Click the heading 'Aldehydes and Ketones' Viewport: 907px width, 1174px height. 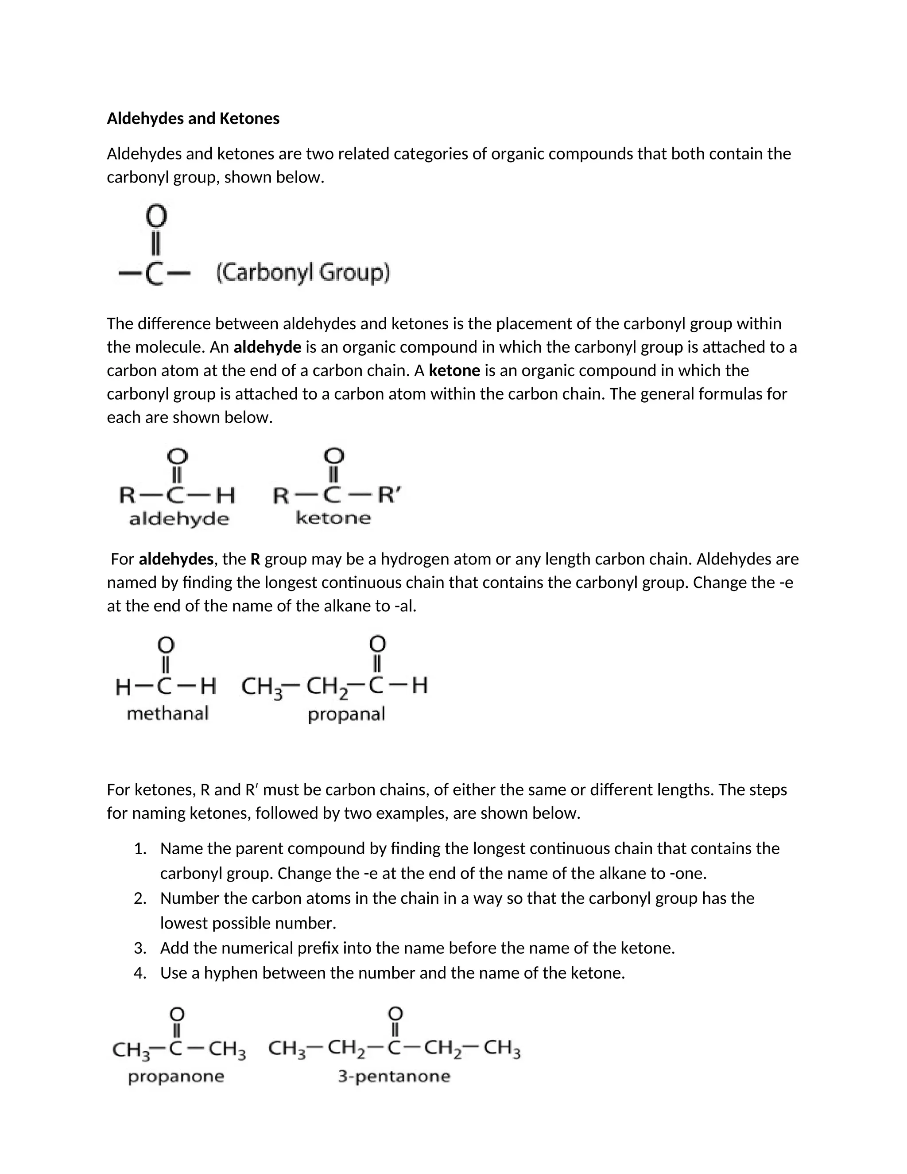click(193, 119)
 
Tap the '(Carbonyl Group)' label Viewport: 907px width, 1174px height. click(302, 272)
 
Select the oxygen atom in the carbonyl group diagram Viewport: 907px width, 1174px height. click(156, 217)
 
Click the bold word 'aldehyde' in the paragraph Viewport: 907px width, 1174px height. click(267, 348)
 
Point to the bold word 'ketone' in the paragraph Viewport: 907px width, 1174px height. click(454, 371)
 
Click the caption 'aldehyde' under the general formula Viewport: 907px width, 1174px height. click(179, 519)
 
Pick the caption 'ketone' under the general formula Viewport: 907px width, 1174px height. click(333, 518)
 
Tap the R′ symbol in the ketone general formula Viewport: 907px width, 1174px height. click(389, 494)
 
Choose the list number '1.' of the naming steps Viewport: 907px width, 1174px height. click(140, 849)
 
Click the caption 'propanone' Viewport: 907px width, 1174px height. click(176, 1077)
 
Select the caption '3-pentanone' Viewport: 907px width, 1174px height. click(394, 1076)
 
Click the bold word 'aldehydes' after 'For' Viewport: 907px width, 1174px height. click(176, 560)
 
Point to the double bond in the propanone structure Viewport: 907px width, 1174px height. click(177, 1030)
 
